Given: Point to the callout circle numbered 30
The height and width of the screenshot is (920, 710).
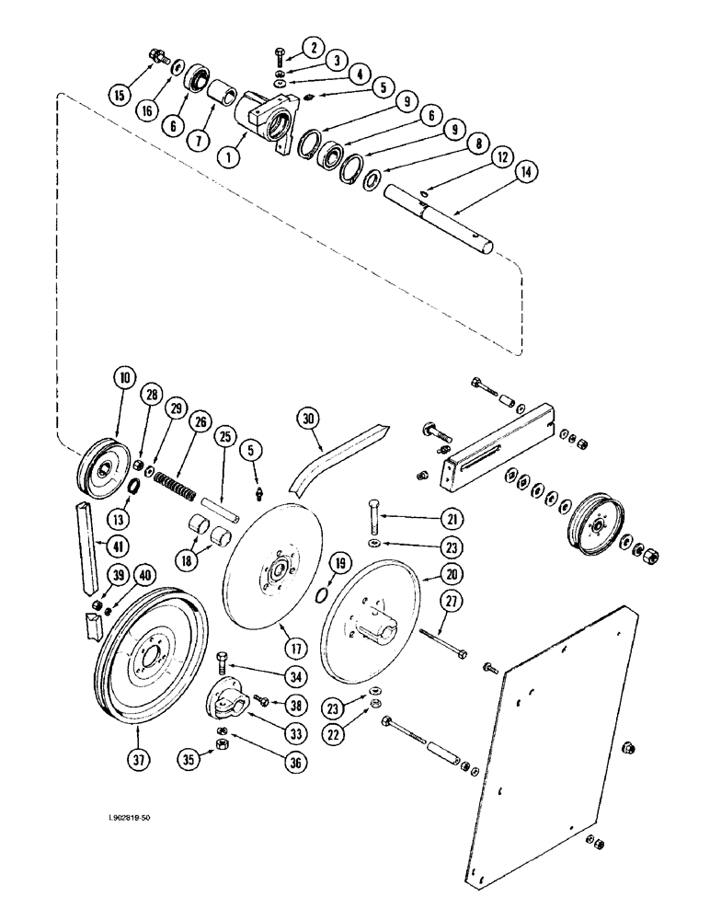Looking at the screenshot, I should (309, 419).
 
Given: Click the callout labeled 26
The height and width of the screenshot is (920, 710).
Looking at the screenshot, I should (196, 422).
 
